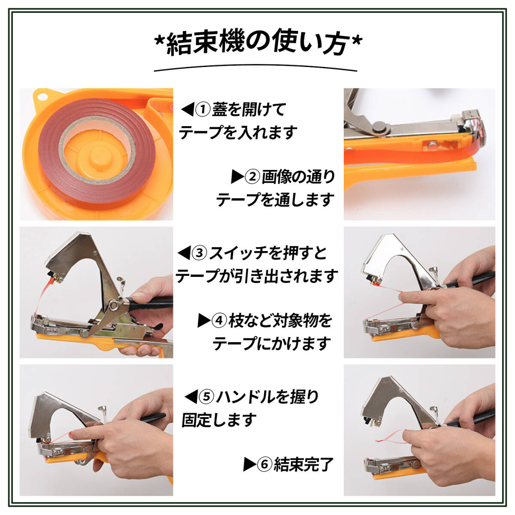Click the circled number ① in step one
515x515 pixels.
pos(203,109)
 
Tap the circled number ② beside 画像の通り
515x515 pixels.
pos(252,177)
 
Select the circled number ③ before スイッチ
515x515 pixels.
pos(200,253)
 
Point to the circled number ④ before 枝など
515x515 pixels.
pos(219,321)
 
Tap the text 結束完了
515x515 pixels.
pos(303,464)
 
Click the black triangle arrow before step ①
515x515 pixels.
pos(187,109)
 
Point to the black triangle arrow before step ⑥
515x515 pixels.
pos(250,464)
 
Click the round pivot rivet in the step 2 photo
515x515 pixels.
pos(380,128)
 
